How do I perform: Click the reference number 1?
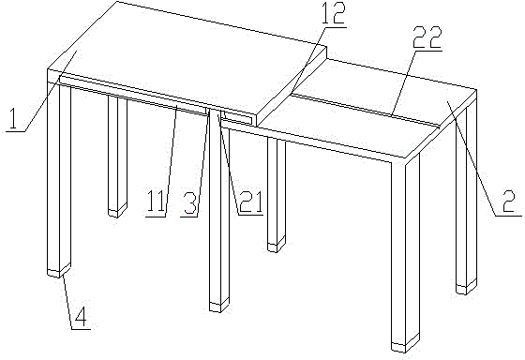click(x=13, y=118)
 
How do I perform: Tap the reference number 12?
click(x=333, y=13)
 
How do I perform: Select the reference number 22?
click(x=427, y=37)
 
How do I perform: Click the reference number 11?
click(x=156, y=202)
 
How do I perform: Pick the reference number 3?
click(x=189, y=202)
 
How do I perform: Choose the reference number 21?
click(x=249, y=202)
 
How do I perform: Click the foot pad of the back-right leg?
click(x=467, y=287)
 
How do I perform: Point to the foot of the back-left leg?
click(x=117, y=211)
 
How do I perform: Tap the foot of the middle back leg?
click(x=277, y=245)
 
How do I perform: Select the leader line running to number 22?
click(x=403, y=83)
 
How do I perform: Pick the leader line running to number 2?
click(x=472, y=157)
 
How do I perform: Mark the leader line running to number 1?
click(x=51, y=91)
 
